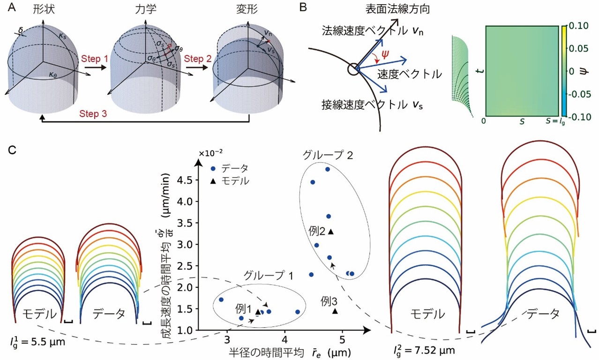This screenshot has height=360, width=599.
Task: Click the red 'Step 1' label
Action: pyautogui.click(x=94, y=60)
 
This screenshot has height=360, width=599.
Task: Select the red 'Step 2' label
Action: pyautogui.click(x=197, y=59)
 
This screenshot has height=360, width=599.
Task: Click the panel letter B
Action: pyautogui.click(x=304, y=8)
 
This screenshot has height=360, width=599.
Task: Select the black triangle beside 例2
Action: pyautogui.click(x=330, y=231)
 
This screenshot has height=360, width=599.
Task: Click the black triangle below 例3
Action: pyautogui.click(x=335, y=311)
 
